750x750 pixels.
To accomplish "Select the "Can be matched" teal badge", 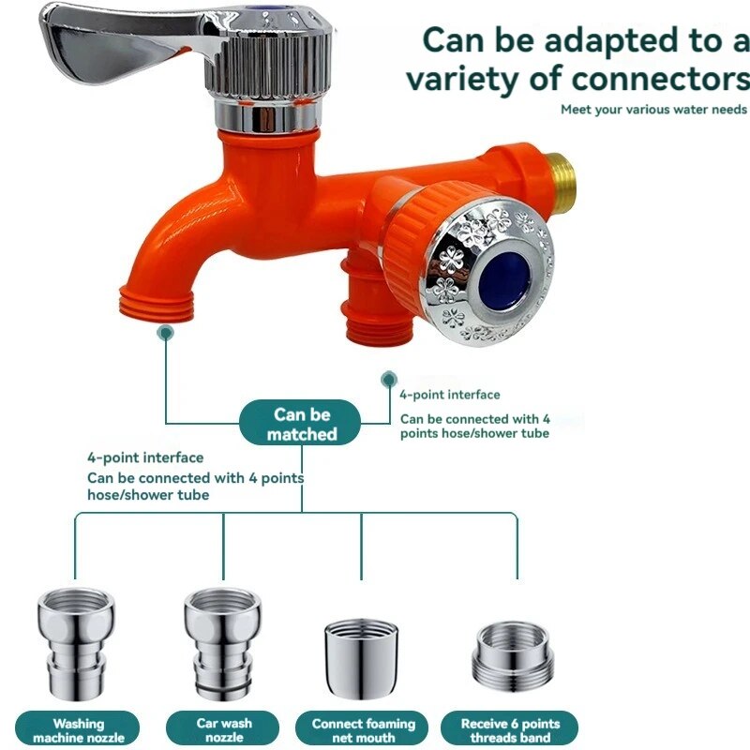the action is click(300, 423).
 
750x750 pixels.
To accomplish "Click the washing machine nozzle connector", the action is click(76, 641).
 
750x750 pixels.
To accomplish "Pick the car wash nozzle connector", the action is click(223, 641).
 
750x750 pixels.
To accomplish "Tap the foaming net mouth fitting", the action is click(361, 658).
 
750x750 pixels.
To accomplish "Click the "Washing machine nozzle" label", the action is click(78, 730).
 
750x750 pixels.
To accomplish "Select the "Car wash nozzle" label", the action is click(223, 730).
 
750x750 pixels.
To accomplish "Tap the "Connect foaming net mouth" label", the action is click(363, 730).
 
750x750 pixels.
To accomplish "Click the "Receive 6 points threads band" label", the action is click(509, 730).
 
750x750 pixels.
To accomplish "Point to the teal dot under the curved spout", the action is click(166, 333).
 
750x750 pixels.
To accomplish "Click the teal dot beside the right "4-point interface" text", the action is click(389, 380).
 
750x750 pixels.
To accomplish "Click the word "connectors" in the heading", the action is click(661, 79).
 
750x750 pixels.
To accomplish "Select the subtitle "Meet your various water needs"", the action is click(653, 110).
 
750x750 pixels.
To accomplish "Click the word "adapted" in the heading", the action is click(612, 42).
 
